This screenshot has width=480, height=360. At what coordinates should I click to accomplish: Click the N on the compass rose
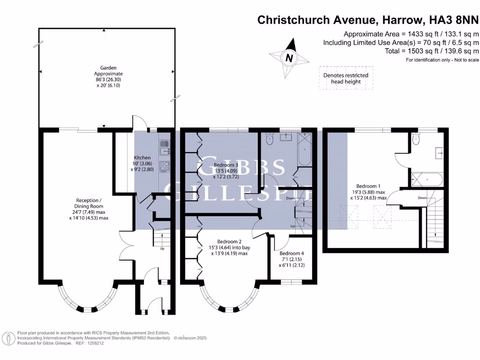[289, 58]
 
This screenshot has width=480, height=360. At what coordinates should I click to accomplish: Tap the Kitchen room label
[142, 157]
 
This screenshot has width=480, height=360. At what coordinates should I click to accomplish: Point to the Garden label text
[108, 68]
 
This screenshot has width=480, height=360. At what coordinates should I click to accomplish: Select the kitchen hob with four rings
[165, 167]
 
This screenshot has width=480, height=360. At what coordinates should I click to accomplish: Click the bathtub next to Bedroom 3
[305, 150]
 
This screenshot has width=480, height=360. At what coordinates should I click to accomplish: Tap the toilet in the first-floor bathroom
[269, 139]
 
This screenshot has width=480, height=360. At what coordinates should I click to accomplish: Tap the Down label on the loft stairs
[422, 198]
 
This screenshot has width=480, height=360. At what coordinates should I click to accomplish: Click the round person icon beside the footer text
[8, 338]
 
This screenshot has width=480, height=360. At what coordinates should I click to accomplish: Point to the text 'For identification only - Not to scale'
[442, 60]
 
